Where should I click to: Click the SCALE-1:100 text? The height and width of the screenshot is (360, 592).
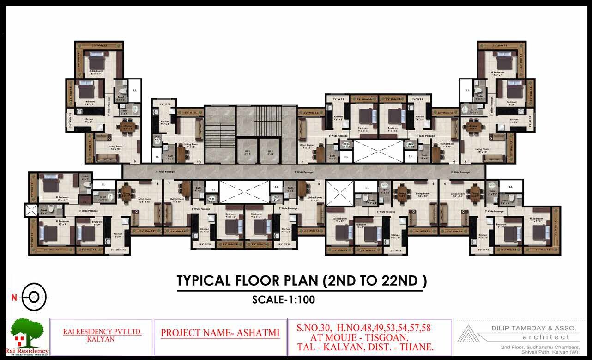coord(284,299)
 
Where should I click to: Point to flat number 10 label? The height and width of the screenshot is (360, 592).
coord(199,162)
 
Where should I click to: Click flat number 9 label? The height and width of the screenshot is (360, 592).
coord(134,162)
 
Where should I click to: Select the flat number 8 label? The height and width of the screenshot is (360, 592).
coord(158,183)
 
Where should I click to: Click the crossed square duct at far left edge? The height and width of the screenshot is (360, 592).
coord(31,211)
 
